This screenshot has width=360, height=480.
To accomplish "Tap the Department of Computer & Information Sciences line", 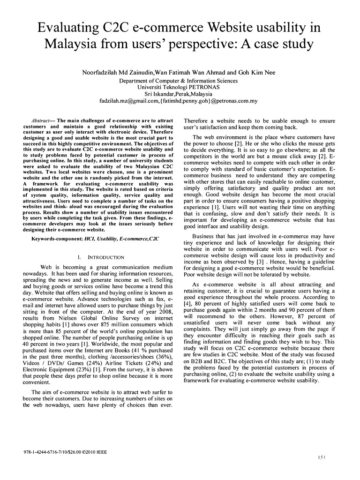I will point(178,80).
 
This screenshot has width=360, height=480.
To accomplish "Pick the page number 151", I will point(322,457).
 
